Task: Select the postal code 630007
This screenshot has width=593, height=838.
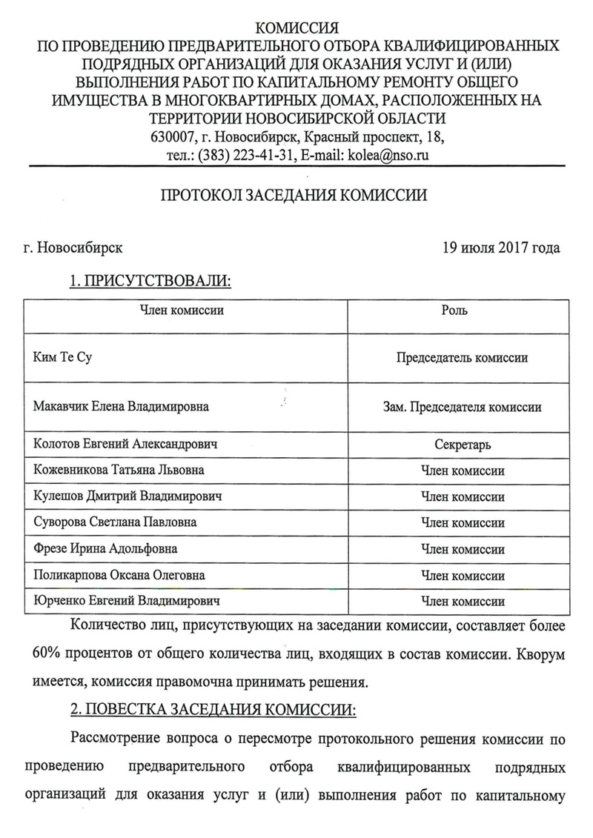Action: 171,138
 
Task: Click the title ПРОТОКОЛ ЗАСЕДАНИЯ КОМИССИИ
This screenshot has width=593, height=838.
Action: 295,196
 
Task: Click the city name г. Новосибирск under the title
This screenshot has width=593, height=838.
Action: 73,247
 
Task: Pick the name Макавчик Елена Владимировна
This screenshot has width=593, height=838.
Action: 121,407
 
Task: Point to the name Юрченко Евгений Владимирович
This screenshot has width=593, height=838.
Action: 127,601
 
